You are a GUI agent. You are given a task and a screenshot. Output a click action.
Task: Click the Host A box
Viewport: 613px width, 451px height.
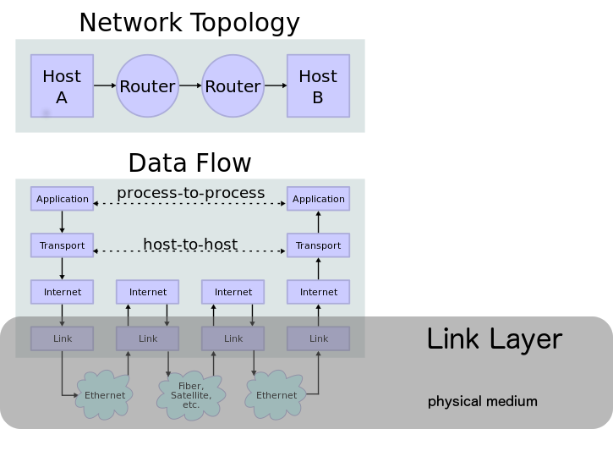click(x=62, y=85)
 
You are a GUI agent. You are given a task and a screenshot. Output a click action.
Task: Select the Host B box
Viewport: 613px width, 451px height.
click(x=318, y=85)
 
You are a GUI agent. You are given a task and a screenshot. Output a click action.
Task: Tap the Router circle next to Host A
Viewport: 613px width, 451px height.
click(x=147, y=85)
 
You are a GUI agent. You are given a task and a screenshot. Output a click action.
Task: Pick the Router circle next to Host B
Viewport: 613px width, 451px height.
click(x=233, y=85)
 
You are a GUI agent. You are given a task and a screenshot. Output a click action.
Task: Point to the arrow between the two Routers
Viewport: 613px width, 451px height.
click(x=190, y=85)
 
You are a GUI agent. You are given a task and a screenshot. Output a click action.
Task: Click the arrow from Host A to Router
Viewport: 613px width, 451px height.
click(x=105, y=85)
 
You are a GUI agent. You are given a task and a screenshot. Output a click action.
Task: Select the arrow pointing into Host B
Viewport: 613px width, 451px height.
click(x=276, y=85)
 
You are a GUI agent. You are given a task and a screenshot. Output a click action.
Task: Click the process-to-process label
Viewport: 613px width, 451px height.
click(x=190, y=193)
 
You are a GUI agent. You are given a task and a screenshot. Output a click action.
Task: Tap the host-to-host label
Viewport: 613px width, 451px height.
click(x=190, y=245)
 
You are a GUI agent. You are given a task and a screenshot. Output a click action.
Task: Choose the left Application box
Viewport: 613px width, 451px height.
click(x=62, y=199)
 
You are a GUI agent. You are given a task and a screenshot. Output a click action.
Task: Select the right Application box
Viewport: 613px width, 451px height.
click(x=318, y=199)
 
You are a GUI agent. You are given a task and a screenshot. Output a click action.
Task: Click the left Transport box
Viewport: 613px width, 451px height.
click(x=62, y=245)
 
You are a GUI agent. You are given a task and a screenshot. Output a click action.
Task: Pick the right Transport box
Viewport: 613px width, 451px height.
click(x=318, y=245)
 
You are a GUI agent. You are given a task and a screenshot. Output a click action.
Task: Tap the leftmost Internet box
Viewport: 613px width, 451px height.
click(x=62, y=292)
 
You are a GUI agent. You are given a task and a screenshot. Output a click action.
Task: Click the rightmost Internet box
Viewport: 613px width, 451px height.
click(x=318, y=292)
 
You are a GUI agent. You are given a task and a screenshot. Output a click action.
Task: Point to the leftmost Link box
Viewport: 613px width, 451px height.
click(x=62, y=338)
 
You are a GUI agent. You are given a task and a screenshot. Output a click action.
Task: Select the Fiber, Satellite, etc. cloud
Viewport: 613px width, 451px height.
click(x=191, y=394)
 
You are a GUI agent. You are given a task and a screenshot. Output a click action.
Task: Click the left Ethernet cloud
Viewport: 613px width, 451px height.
click(x=105, y=395)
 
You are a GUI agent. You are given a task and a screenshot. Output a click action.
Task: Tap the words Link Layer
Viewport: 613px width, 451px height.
click(x=494, y=339)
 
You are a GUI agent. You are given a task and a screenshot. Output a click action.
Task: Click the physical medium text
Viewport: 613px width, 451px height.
click(x=482, y=401)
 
